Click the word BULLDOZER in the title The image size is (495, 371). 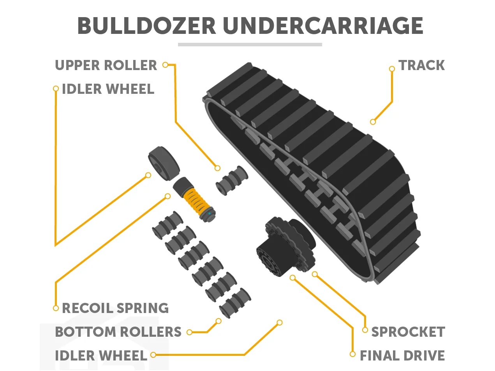tap(146, 26)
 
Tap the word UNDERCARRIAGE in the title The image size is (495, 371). tap(323, 26)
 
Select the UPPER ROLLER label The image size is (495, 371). tap(106, 65)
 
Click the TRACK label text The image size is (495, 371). tap(421, 65)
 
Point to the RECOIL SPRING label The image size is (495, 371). tap(115, 308)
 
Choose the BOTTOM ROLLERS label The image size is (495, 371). tap(118, 332)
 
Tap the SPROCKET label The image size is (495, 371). tap(408, 332)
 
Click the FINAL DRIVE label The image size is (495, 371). tap(402, 356)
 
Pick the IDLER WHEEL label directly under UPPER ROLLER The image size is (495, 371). tap(108, 89)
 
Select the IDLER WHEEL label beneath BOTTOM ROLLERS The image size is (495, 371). tap(101, 356)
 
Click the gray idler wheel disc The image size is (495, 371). tap(164, 163)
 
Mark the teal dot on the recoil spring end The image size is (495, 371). tap(210, 213)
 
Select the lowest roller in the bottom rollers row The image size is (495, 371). tap(235, 303)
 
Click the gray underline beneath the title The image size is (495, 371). tap(250, 45)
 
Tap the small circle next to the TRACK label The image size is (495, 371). tap(392, 69)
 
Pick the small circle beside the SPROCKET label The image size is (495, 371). tap(365, 330)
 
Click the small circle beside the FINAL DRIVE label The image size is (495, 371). tap(352, 354)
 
